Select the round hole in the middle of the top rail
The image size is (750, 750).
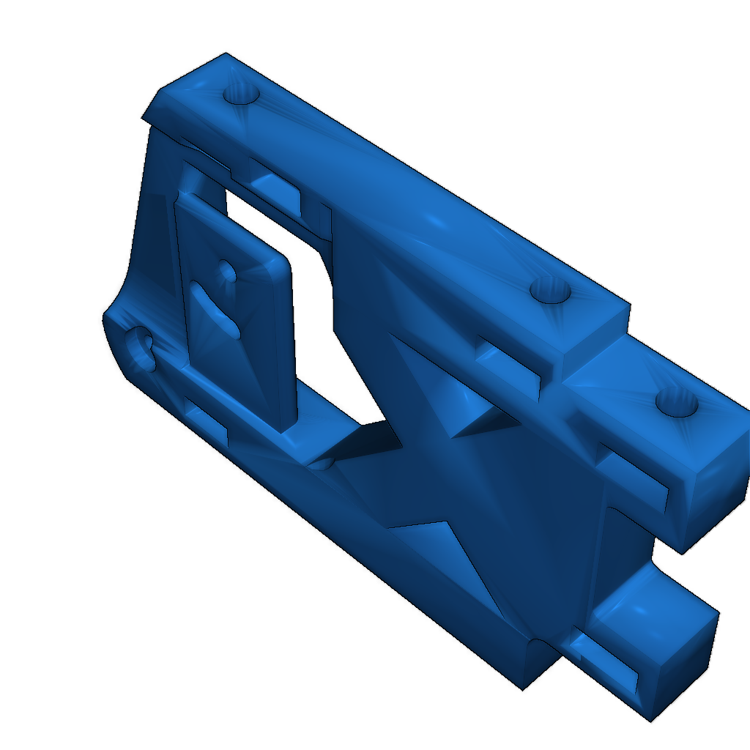[x=550, y=292]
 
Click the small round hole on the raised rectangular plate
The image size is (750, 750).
[x=226, y=274]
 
